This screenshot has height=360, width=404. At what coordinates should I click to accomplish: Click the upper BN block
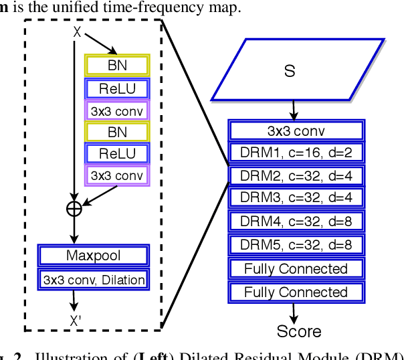[x=117, y=66]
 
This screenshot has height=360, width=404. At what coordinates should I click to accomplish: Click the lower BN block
[x=117, y=132]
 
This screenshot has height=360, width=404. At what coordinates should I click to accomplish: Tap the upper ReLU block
[x=117, y=88]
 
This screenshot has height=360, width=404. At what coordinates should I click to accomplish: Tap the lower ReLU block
[x=117, y=154]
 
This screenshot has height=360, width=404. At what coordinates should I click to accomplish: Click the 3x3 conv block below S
[x=296, y=130]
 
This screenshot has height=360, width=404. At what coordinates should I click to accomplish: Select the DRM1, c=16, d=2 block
[x=296, y=153]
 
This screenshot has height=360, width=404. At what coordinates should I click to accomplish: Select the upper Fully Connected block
[x=296, y=269]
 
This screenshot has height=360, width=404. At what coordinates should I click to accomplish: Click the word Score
[x=298, y=331]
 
